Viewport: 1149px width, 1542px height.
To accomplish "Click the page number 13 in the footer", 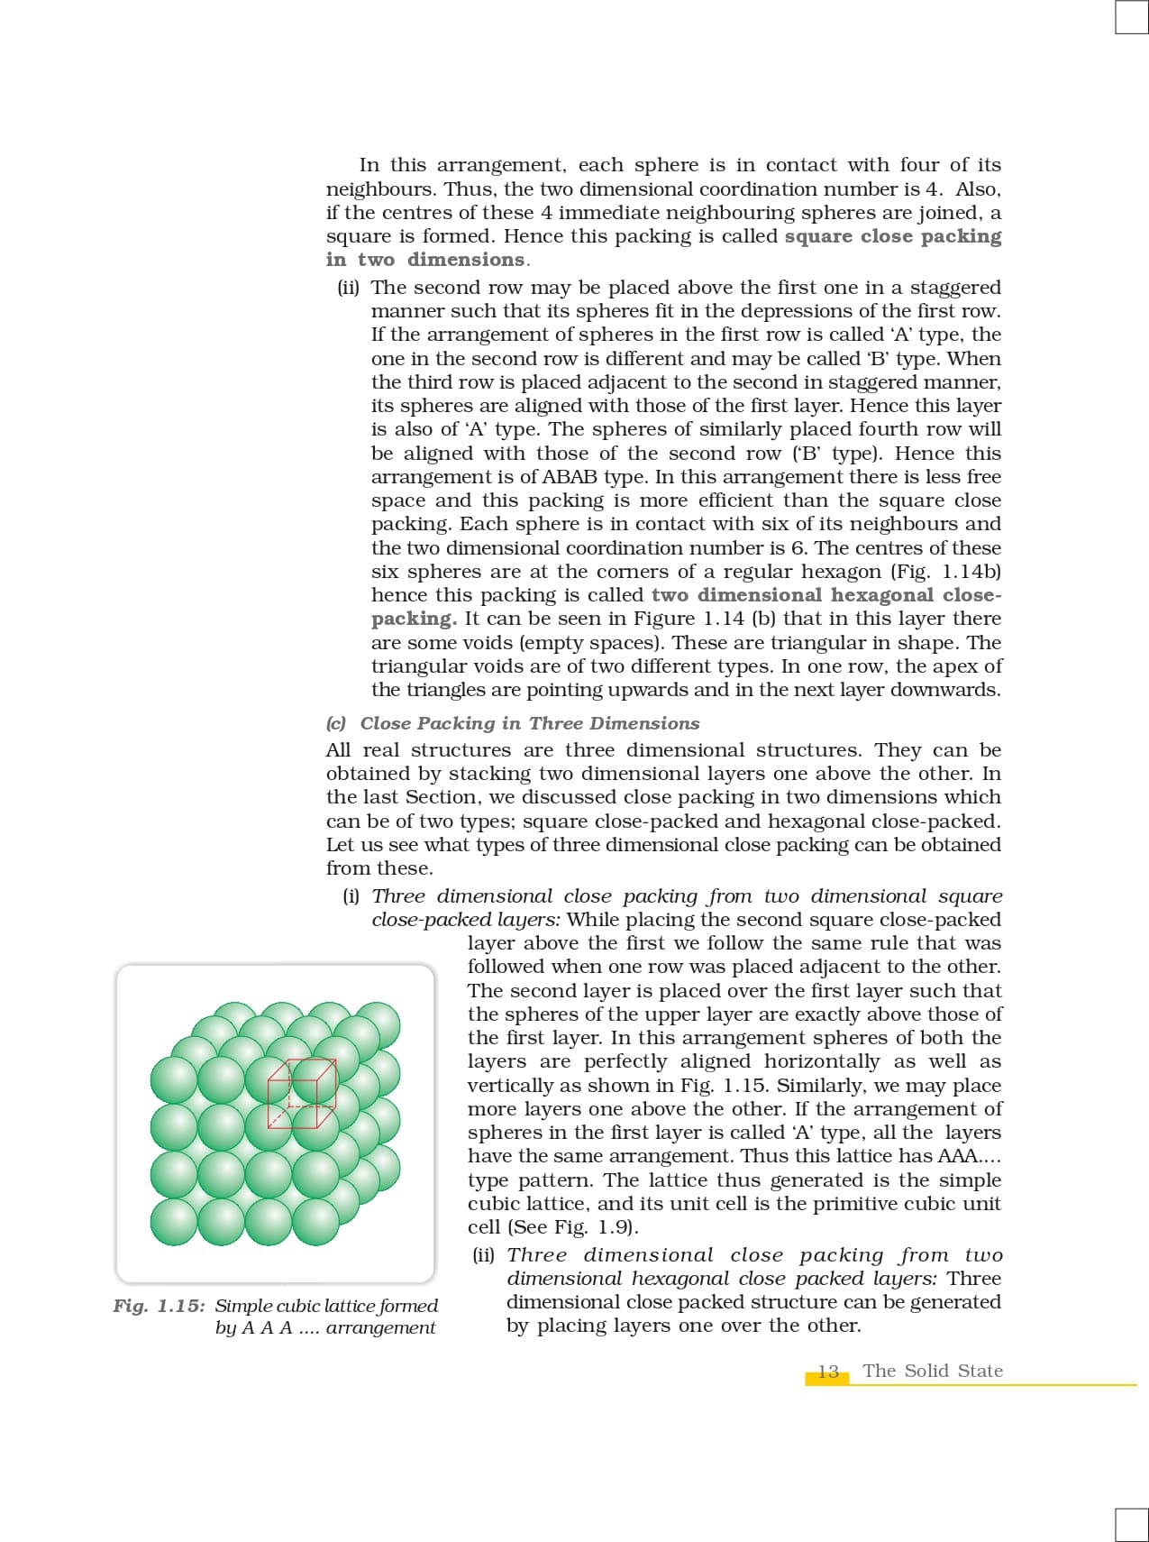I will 828,1371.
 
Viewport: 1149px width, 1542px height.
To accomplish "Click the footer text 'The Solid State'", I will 932,1371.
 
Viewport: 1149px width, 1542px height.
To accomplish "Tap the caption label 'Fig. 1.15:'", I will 159,1306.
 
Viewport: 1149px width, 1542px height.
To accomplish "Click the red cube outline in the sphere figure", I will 303,1094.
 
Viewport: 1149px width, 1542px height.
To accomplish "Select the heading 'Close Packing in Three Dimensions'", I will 530,723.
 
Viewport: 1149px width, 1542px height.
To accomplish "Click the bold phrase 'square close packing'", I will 892,236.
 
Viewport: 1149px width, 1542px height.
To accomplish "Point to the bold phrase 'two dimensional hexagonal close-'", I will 825,595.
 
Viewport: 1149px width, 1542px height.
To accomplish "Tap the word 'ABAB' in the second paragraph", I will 570,477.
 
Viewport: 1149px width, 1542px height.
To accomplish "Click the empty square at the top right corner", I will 1131,17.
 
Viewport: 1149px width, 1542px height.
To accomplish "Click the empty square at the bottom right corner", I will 1131,1525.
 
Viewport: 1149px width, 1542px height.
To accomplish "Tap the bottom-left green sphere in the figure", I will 174,1222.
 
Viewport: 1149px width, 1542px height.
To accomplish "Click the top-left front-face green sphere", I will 174,1079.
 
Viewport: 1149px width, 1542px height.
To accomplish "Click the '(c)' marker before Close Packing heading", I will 336,723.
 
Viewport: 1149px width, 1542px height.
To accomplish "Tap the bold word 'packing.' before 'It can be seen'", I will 414,619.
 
